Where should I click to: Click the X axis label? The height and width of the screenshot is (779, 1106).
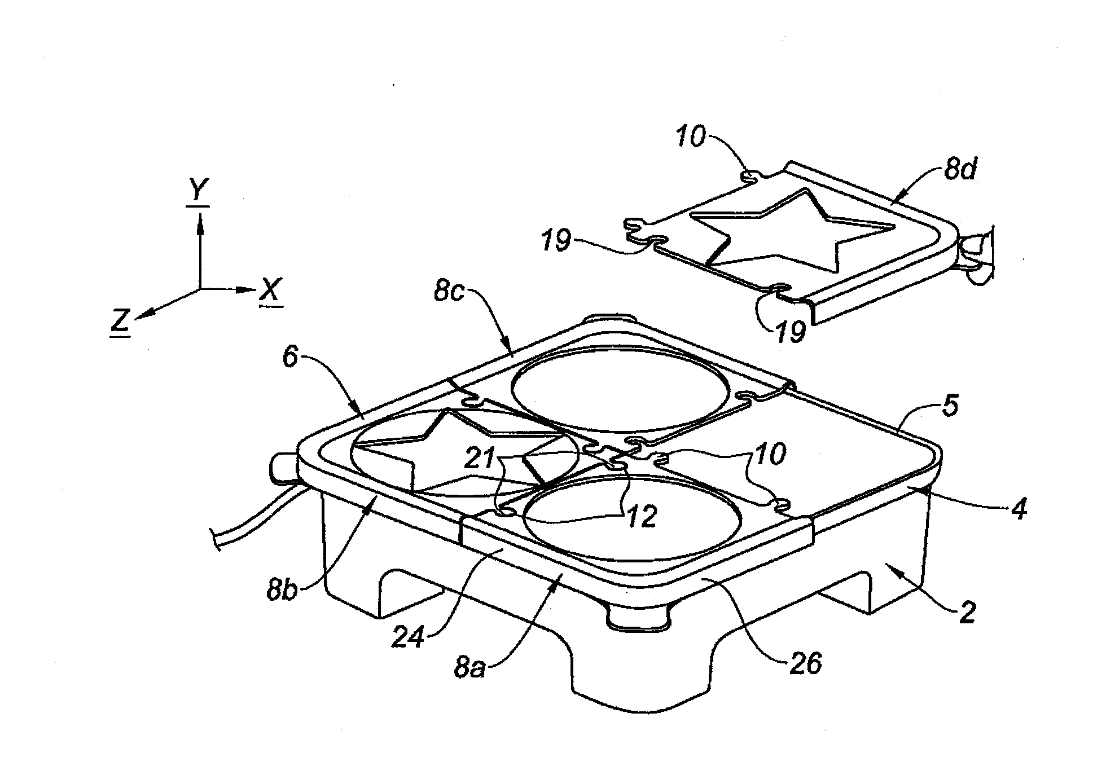[271, 291]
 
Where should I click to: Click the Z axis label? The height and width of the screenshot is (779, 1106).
[121, 322]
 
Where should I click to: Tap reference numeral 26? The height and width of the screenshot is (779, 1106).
[805, 664]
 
